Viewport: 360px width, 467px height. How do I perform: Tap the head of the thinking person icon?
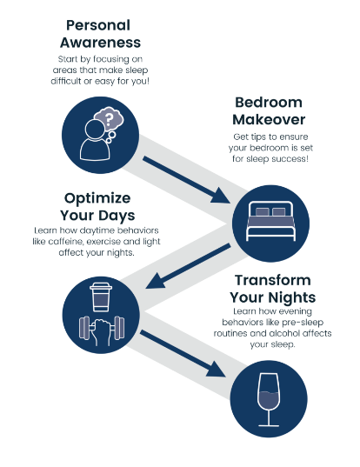coord(95,130)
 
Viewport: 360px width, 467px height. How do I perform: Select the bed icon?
coord(270,221)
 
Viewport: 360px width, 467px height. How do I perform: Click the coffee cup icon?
coord(101,297)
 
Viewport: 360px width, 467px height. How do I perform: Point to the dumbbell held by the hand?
coord(102,328)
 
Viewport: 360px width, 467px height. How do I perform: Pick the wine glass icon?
coord(269,400)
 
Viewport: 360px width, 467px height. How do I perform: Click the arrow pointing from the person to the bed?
coord(186,180)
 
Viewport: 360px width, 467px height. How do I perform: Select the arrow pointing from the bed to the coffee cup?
coord(188,266)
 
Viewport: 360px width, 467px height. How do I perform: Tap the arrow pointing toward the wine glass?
coord(183,354)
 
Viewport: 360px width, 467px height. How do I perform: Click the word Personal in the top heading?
coord(98,25)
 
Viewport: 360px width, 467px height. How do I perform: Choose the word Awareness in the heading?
coord(100,43)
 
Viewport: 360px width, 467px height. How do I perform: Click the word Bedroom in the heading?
coord(269,103)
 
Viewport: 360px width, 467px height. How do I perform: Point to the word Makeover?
coord(269,120)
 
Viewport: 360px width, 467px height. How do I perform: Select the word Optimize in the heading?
coord(97,198)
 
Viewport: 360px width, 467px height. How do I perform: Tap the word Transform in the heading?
coord(273,280)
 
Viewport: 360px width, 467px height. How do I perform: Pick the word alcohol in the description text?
coord(284,333)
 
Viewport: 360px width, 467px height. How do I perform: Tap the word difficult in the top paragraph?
coord(66,81)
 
